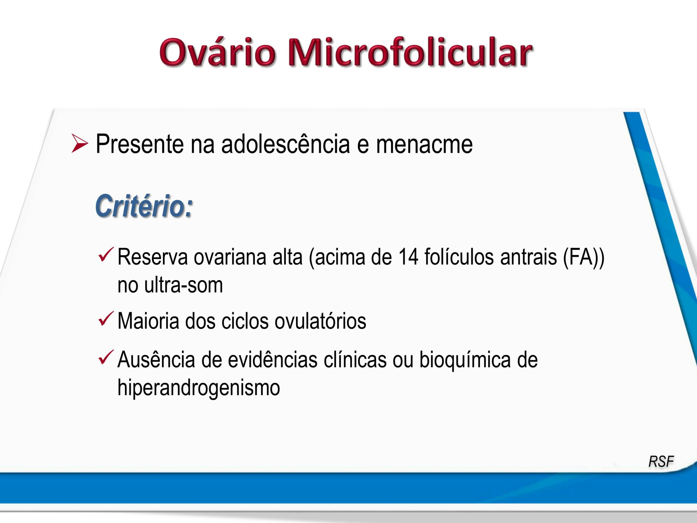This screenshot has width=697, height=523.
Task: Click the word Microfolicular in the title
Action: (x=410, y=52)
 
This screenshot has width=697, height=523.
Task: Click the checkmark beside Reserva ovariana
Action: (x=105, y=255)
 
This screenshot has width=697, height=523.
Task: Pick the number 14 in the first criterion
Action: (x=408, y=257)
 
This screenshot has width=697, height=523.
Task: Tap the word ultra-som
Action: (x=184, y=285)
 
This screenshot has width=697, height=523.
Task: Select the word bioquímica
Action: (x=465, y=360)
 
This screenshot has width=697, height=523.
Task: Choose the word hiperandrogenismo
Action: (x=198, y=388)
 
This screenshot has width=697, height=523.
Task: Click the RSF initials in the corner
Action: (x=661, y=461)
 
